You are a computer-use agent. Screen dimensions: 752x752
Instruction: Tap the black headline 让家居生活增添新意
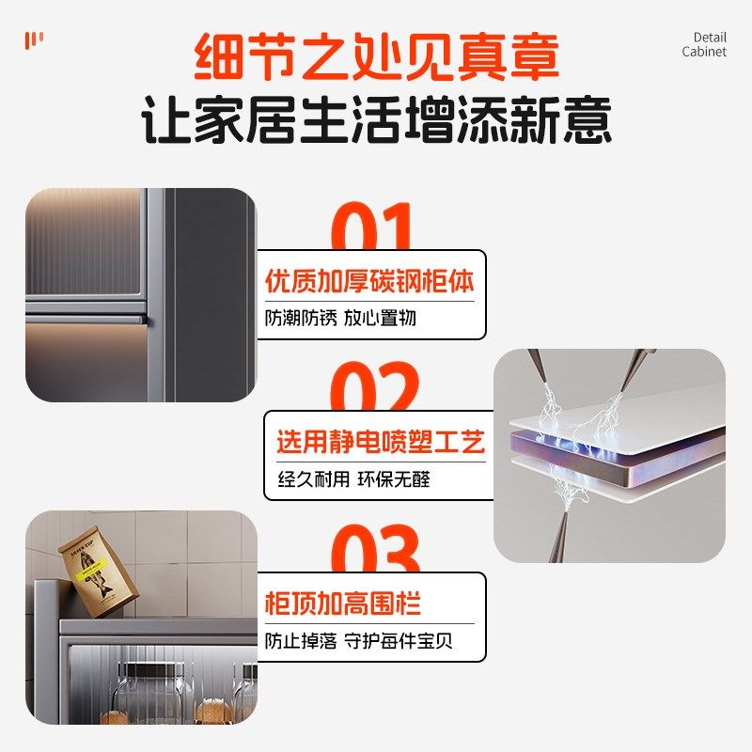tap(376, 122)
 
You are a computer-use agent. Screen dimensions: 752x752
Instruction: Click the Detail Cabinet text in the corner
tap(704, 45)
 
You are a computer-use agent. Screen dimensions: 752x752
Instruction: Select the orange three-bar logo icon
tap(34, 39)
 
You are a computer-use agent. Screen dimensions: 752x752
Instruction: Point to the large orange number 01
tap(373, 228)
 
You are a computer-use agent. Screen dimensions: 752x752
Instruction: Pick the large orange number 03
tap(373, 550)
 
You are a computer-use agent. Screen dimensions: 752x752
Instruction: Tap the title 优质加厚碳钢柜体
tap(369, 281)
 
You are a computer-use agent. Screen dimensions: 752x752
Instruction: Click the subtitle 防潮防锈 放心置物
tap(340, 318)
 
